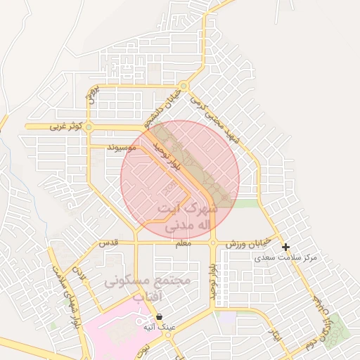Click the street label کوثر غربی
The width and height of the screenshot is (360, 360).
[x=67, y=127]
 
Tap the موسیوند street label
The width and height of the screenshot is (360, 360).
[x=122, y=149]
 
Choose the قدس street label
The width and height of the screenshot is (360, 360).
[x=107, y=243]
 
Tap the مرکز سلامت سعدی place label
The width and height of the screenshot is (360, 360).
[x=285, y=257]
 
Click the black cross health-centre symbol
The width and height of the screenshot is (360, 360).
[x=285, y=247]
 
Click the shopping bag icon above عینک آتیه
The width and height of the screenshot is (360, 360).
[x=160, y=316]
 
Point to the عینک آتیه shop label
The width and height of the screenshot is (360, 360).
[x=160, y=327]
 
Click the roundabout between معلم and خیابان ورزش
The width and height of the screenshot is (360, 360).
[x=213, y=243]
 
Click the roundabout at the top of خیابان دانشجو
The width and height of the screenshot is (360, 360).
[x=184, y=87]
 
